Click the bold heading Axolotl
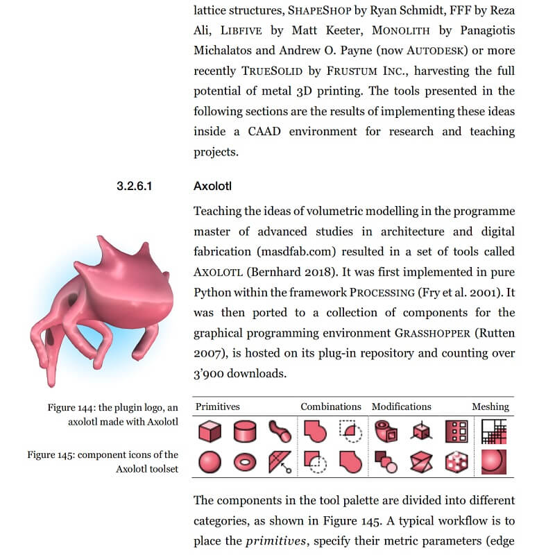pyautogui.click(x=214, y=187)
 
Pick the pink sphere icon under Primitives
pyautogui.click(x=210, y=461)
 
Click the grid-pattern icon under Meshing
pyautogui.click(x=494, y=431)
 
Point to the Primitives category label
pyautogui.click(x=217, y=407)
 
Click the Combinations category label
pyautogui.click(x=330, y=407)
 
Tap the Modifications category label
pyautogui.click(x=401, y=407)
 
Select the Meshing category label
pyautogui.click(x=490, y=407)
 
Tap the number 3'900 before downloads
pyautogui.click(x=213, y=373)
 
